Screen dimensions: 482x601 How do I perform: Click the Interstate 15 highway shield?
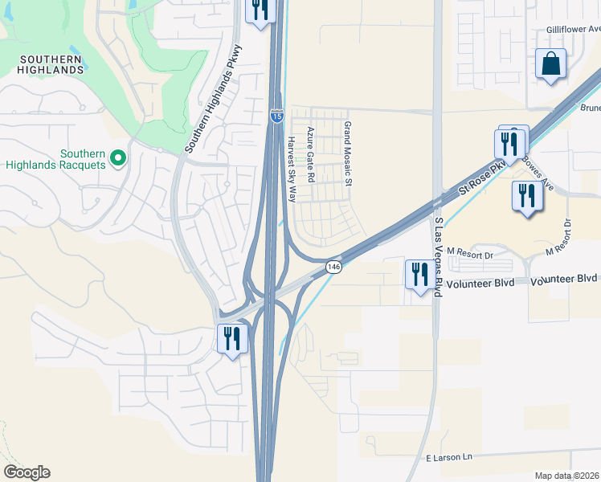tap(276, 116)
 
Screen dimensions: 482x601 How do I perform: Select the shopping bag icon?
tap(551, 63)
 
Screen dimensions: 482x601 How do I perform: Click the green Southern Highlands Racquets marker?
tap(118, 157)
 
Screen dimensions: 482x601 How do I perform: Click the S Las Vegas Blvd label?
tap(438, 256)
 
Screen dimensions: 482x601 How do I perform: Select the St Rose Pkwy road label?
tap(484, 177)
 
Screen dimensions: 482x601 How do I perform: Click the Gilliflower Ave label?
tap(573, 29)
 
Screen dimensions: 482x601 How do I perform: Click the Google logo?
tap(27, 472)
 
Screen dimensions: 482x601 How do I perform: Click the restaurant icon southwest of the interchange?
tap(231, 337)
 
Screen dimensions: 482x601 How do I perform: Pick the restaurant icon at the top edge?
tap(260, 10)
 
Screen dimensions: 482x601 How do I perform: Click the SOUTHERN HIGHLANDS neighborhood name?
tap(51, 64)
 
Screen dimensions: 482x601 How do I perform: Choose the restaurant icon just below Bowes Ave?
tap(526, 197)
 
